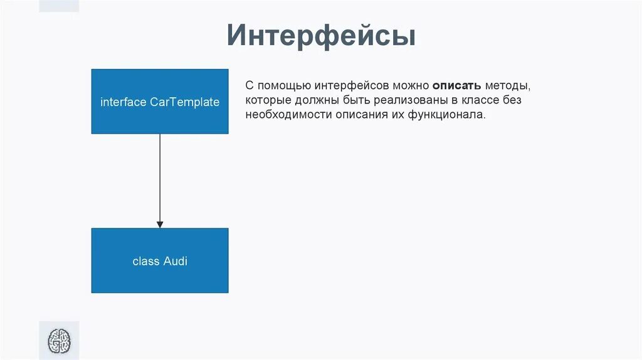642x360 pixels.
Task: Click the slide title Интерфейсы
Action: pos(321,36)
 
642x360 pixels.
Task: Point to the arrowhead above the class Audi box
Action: pos(160,224)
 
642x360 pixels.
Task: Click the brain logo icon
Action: pos(60,341)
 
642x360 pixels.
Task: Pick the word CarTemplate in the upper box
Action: pos(185,102)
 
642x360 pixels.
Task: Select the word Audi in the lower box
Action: pos(176,262)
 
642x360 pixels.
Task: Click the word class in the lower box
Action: pos(146,262)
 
